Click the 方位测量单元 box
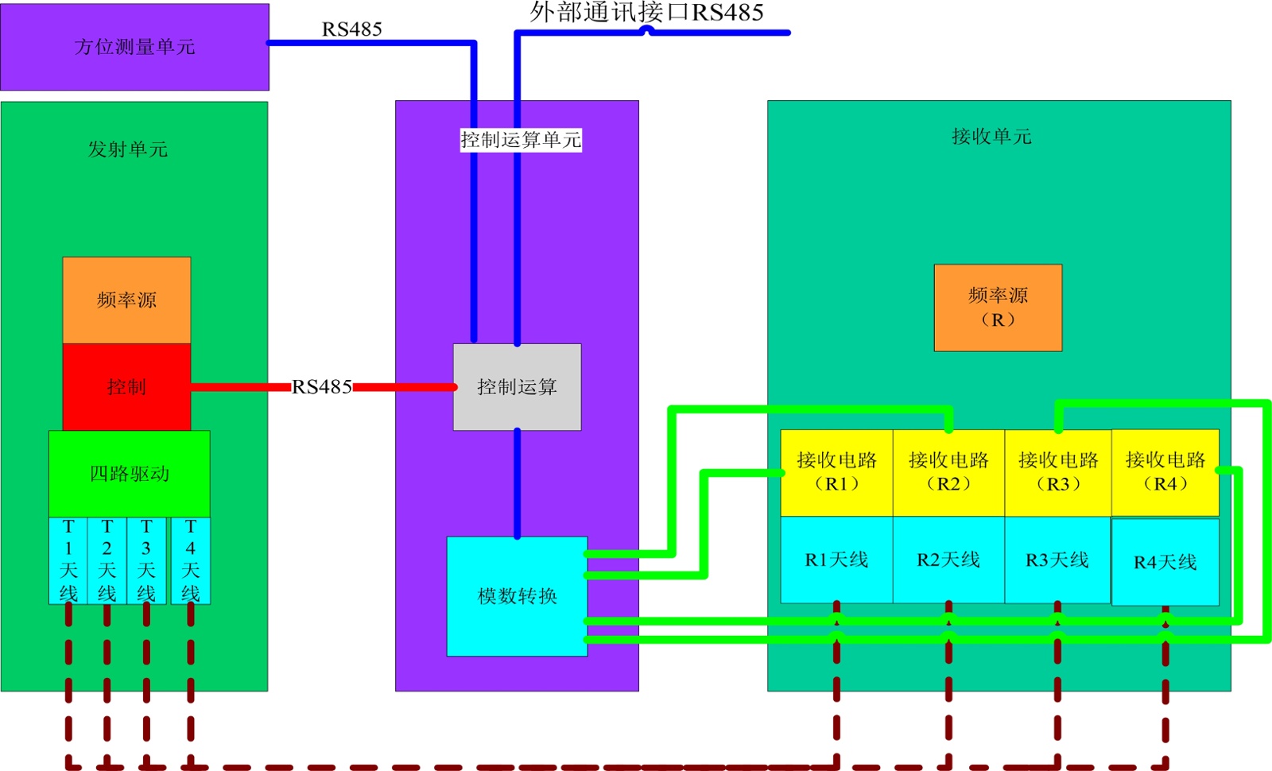point(134,47)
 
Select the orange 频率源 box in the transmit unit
point(126,300)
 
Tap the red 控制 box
point(126,387)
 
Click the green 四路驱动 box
point(130,474)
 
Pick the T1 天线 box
point(68,560)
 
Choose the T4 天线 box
point(191,560)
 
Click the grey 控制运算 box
point(517,387)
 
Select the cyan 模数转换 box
point(517,596)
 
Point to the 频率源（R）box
point(998,308)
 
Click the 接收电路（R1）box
point(836,472)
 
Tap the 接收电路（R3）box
point(1058,472)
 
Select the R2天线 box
point(948,560)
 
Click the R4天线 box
point(1165,562)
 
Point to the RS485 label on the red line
point(322,387)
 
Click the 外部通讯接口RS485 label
point(646,12)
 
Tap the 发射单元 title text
point(128,149)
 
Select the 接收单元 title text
point(991,137)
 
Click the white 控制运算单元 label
point(521,140)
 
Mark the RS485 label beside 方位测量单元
point(351,29)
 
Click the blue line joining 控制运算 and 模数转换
point(517,483)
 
